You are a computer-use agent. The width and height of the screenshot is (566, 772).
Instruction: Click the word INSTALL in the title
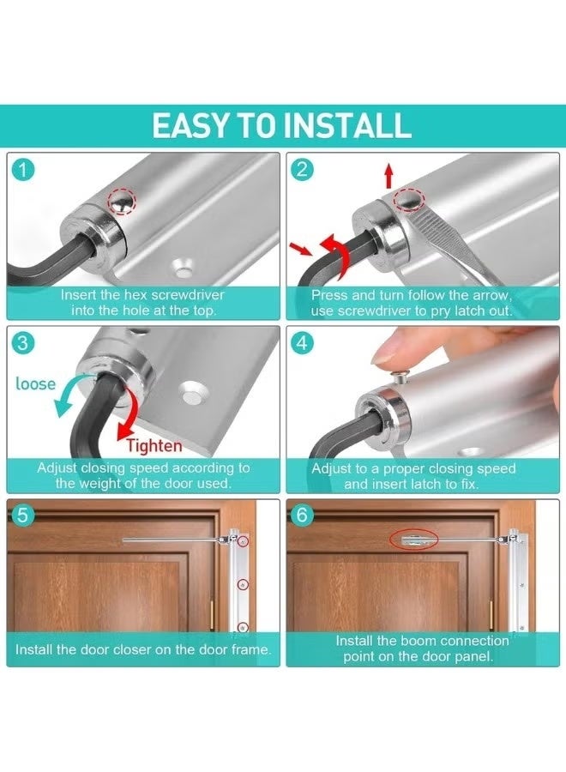tap(348, 125)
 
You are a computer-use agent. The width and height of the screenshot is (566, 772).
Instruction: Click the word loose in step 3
tap(35, 383)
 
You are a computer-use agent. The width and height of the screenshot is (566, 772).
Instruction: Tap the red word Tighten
tap(154, 445)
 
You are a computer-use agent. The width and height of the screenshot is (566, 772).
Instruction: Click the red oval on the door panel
tap(413, 540)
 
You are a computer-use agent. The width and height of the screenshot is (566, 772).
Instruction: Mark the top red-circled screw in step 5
tap(244, 543)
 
